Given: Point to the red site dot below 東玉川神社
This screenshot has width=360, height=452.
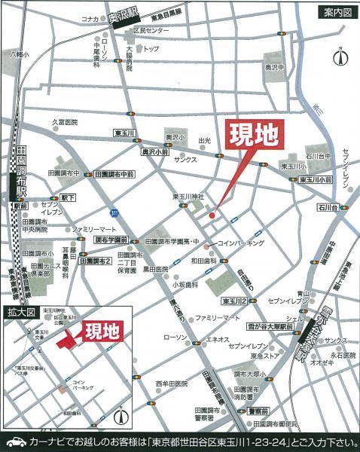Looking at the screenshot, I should (212, 217).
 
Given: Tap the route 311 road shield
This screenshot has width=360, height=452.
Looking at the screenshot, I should (111, 214).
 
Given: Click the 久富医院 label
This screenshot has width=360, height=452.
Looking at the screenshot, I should (65, 122).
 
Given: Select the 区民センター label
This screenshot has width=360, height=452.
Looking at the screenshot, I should (151, 31).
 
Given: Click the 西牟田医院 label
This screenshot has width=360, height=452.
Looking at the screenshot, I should (172, 384).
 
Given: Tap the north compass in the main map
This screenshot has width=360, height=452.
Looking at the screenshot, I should (340, 56).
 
